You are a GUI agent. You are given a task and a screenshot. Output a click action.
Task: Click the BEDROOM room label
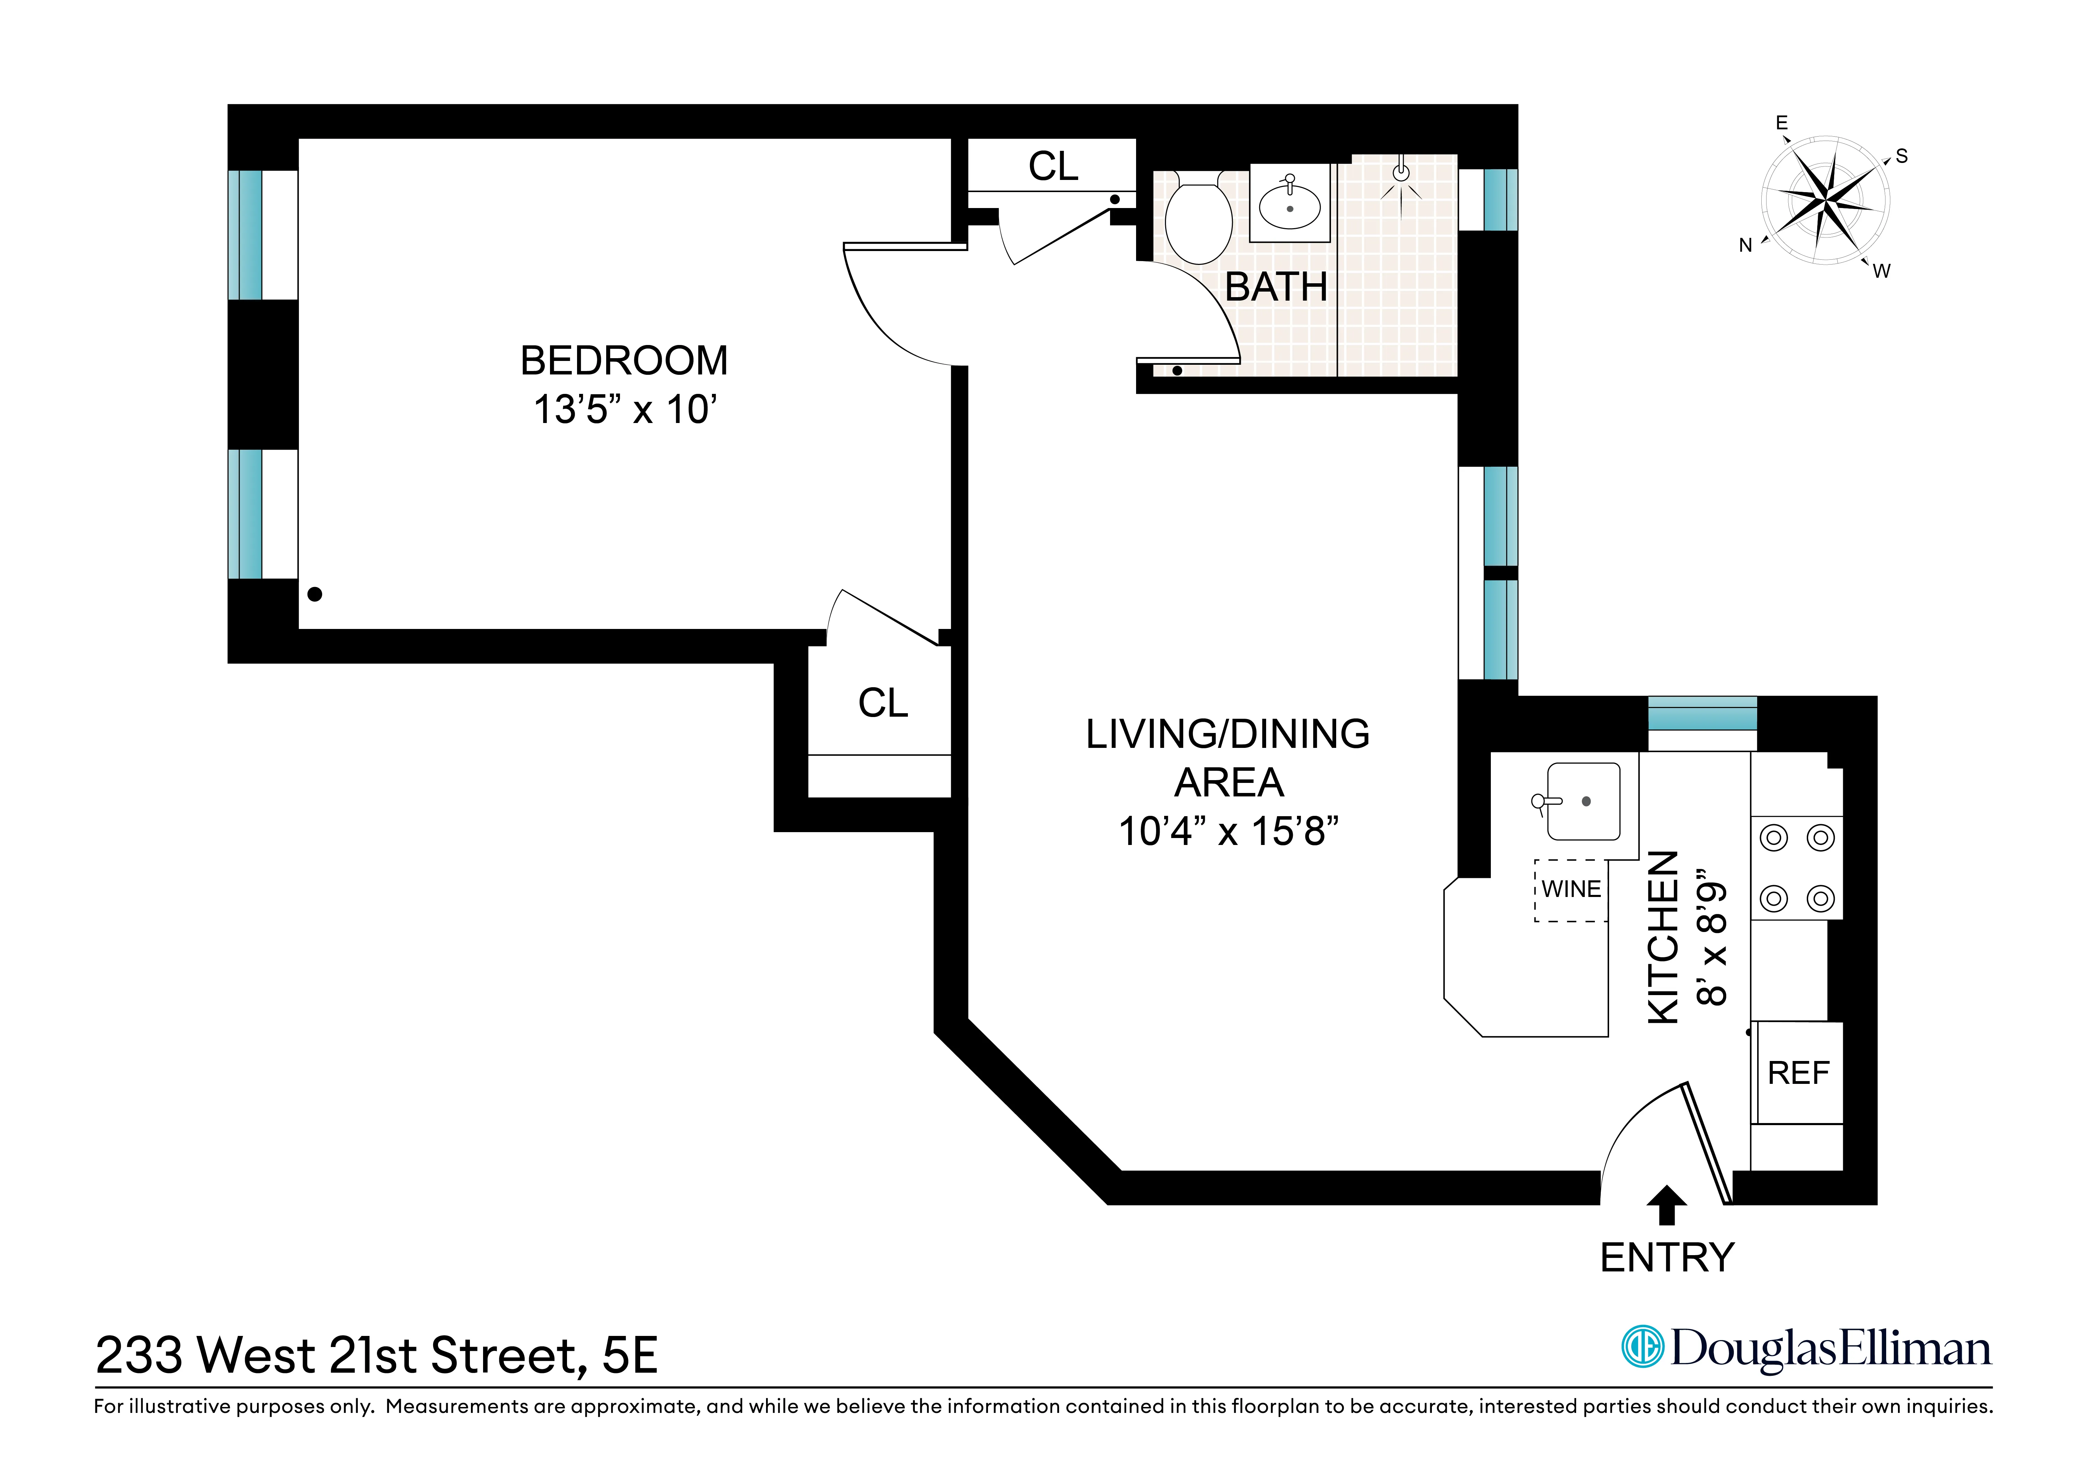pyautogui.click(x=624, y=361)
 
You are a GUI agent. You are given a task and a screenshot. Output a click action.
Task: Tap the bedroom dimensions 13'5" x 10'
pyautogui.click(x=624, y=410)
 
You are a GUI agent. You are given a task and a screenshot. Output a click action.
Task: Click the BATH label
pyautogui.click(x=1276, y=287)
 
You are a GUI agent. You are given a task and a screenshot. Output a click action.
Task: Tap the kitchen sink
pyautogui.click(x=1582, y=801)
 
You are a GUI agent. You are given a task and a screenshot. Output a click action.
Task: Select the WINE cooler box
pyautogui.click(x=1571, y=889)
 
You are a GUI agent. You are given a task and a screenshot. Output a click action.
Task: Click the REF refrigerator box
pyautogui.click(x=1798, y=1073)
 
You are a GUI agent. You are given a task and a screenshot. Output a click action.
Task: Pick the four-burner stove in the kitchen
pyautogui.click(x=1796, y=868)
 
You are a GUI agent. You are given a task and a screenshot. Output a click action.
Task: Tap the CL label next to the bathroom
pyautogui.click(x=1053, y=166)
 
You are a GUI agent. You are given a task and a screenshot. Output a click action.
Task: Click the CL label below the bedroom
pyautogui.click(x=882, y=703)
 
